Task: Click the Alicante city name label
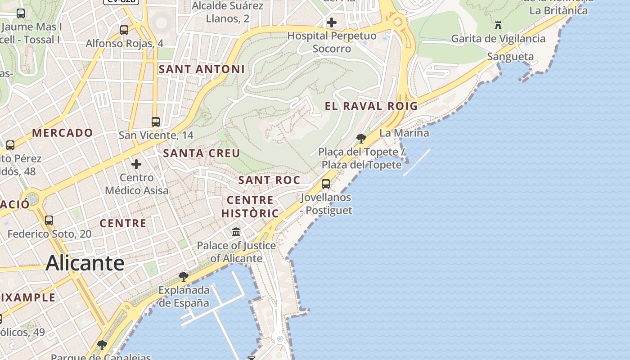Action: point(85,263)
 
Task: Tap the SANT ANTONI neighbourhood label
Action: point(202,69)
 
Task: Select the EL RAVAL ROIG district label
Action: point(371,106)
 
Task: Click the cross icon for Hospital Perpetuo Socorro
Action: point(332,22)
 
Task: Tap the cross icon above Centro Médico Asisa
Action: point(136,164)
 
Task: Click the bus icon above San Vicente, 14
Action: point(156,122)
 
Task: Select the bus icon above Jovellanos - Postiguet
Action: point(326,184)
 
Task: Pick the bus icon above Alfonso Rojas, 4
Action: point(124,30)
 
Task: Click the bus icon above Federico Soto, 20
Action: point(49,220)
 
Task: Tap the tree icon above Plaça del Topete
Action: point(361,138)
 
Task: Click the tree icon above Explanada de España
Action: point(183,276)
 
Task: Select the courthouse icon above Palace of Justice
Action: point(236,232)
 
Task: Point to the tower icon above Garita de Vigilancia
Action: point(498,25)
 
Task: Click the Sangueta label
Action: point(510,57)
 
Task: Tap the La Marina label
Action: point(404,133)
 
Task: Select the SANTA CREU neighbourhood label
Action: point(202,153)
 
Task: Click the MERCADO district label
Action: point(63,133)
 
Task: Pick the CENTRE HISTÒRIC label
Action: point(250,207)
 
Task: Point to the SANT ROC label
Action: point(269,180)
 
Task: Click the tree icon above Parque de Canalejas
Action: point(102,345)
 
